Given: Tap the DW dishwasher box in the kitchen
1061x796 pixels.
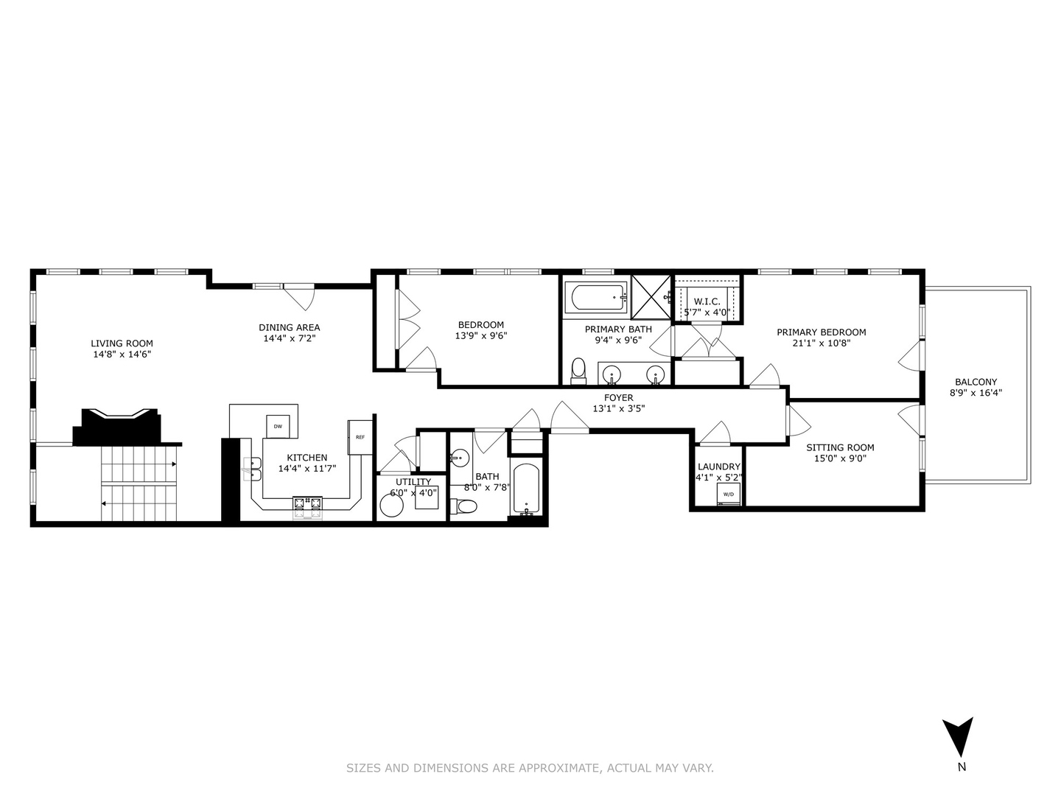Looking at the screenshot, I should (x=278, y=426).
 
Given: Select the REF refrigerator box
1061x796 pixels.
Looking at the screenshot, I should (x=360, y=437).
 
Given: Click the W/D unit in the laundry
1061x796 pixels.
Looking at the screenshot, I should (x=728, y=494).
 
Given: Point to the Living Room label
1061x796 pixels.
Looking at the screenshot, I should (x=122, y=343).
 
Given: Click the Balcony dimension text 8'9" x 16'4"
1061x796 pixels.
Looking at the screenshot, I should (x=976, y=393).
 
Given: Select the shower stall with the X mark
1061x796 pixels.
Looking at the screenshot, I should (x=651, y=298).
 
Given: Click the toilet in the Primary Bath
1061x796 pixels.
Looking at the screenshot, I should (x=578, y=370).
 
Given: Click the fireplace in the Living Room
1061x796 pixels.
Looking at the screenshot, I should (x=116, y=426).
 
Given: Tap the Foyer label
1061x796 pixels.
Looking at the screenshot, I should (x=618, y=398).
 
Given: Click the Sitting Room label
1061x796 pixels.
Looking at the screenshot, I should (x=840, y=447).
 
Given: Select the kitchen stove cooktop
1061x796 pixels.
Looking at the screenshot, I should (x=307, y=504).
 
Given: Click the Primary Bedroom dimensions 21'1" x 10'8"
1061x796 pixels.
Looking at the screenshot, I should (x=822, y=343).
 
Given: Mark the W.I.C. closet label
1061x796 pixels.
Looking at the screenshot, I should (x=707, y=301).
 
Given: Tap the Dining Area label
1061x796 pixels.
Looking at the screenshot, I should (x=289, y=327).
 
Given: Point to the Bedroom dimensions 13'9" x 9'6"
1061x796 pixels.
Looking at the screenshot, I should (x=480, y=335).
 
